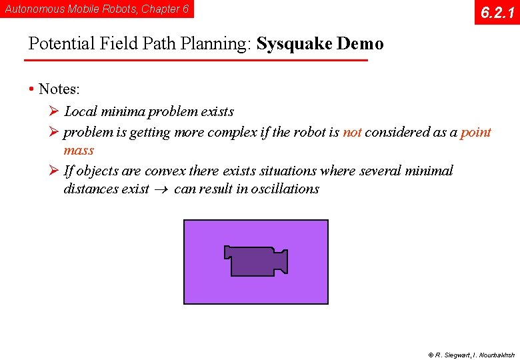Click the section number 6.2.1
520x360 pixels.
click(497, 12)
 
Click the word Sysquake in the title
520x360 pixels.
click(294, 44)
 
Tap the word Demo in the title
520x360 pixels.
click(360, 44)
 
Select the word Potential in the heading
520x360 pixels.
click(62, 44)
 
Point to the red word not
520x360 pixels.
click(352, 132)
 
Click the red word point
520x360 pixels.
click(476, 132)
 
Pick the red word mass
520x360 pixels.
click(79, 150)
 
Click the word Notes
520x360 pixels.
click(59, 89)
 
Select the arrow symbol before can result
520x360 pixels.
click(161, 189)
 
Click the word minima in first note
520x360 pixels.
click(122, 111)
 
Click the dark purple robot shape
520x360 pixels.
click(255, 261)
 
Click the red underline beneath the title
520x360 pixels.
click(195, 61)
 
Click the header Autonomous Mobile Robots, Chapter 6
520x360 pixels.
click(97, 9)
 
